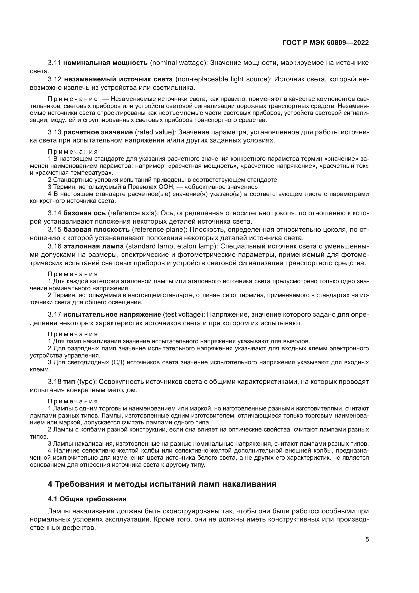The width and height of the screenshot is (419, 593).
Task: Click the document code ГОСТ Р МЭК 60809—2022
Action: pyautogui.click(x=326, y=43)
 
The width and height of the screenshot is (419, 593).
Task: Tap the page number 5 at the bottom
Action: pyautogui.click(x=367, y=539)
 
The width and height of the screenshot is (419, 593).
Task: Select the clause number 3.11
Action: pyautogui.click(x=54, y=63)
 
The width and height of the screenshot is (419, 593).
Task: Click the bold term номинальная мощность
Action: pyautogui.click(x=106, y=63)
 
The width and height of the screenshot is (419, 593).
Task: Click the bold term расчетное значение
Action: pyautogui.click(x=98, y=132)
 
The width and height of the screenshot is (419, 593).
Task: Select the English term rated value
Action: pyautogui.click(x=155, y=132)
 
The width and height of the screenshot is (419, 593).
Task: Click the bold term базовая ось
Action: pyautogui.click(x=85, y=213)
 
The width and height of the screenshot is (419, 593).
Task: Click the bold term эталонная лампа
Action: pyautogui.click(x=94, y=246)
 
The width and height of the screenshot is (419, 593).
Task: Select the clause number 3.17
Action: pyautogui.click(x=54, y=314)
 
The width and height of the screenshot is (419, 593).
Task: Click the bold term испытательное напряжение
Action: pyautogui.click(x=112, y=314)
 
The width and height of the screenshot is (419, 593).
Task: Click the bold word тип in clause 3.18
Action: pyautogui.click(x=69, y=382)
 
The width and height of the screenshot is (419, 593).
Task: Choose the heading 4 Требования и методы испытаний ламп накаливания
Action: pyautogui.click(x=162, y=484)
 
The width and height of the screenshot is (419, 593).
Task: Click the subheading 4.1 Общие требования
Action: pyautogui.click(x=87, y=499)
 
